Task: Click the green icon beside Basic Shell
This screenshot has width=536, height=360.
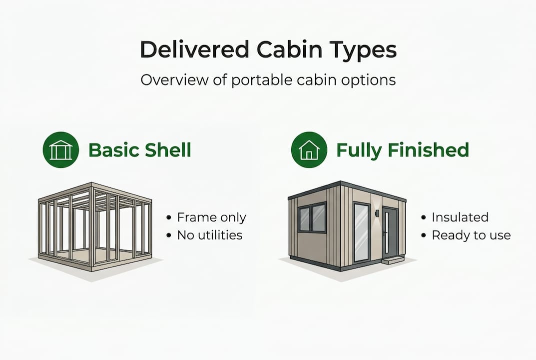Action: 60,150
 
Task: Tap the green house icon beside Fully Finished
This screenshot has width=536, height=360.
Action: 309,150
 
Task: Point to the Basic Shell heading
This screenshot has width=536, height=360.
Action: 140,150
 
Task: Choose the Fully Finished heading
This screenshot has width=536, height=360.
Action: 403,150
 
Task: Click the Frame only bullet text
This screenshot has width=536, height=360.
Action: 211,217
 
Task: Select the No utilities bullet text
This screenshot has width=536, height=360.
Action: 210,235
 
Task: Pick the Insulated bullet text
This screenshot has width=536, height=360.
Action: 460,217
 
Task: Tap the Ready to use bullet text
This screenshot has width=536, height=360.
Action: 471,235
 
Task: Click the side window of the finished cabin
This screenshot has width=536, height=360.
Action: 312,218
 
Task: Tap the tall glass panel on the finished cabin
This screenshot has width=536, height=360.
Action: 361,232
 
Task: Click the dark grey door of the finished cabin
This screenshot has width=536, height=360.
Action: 390,231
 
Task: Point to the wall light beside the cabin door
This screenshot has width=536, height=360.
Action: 377,214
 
